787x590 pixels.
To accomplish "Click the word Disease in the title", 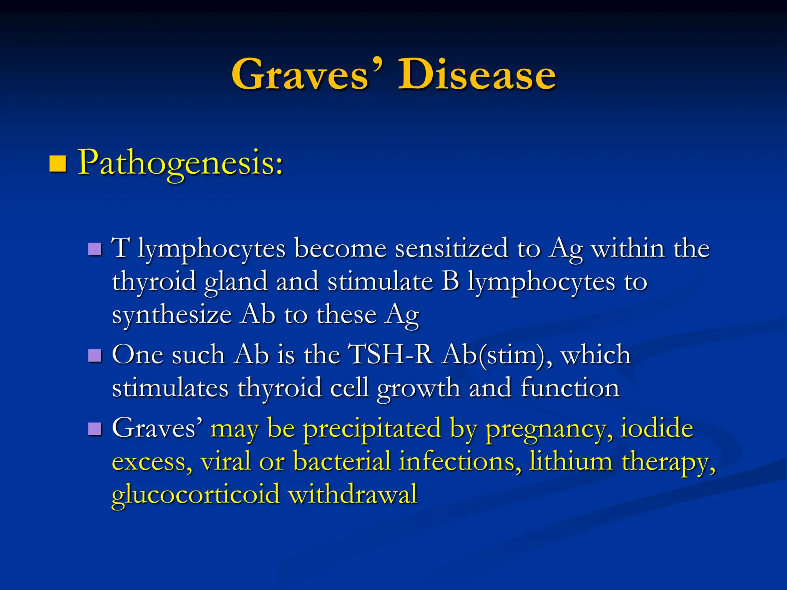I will pos(477,75).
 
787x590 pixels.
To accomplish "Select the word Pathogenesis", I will pos(181,164).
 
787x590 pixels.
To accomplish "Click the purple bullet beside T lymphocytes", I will pos(95,249).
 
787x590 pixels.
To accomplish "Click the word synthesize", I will pos(172,315).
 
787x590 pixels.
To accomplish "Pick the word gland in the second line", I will pos(236,282).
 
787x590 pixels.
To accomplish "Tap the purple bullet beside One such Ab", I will pos(95,356).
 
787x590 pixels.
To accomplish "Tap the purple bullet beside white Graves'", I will pos(95,429).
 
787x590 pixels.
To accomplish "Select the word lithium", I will pos(570,461).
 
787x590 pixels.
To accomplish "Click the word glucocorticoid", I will pos(196,495).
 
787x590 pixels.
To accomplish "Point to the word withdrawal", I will pos(352,494).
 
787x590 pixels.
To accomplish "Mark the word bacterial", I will pos(342,461).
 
